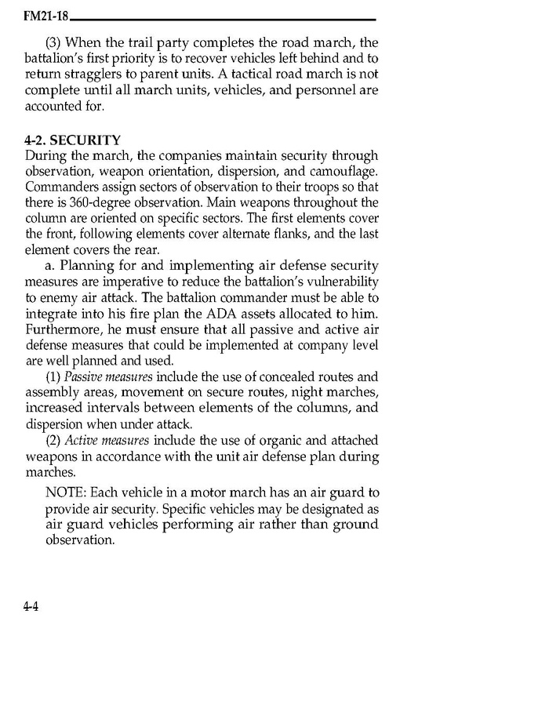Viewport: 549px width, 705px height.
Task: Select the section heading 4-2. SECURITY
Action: click(73, 140)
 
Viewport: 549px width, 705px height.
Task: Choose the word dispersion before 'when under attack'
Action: click(57, 423)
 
